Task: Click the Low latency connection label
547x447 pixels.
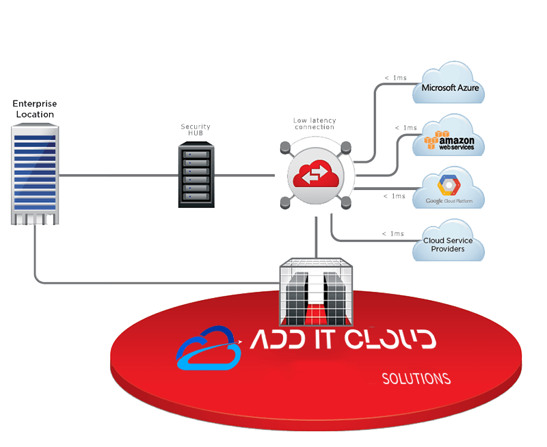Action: tap(314, 124)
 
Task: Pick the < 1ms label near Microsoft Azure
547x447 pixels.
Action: tap(396, 78)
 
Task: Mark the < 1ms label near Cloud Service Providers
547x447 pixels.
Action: tap(393, 234)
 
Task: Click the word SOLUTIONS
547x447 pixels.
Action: tap(416, 379)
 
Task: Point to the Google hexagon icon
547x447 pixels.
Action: tap(449, 185)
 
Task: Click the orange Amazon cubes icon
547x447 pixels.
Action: tap(430, 139)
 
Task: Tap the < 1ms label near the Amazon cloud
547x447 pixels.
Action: tap(405, 128)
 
